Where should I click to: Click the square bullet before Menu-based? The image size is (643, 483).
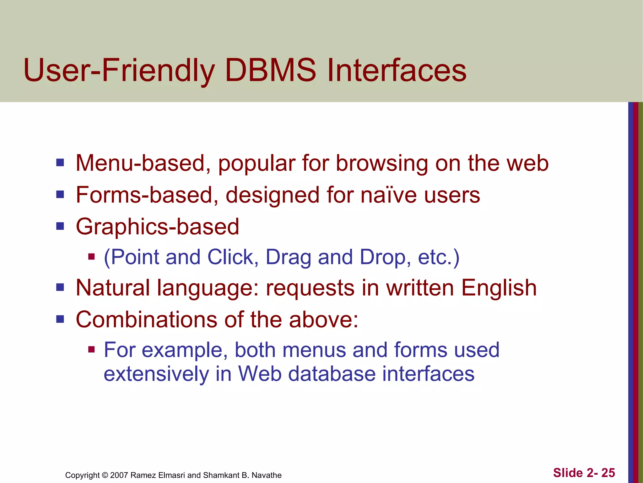tap(60, 163)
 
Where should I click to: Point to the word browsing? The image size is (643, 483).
tap(382, 164)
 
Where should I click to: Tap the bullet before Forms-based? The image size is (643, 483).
tap(60, 194)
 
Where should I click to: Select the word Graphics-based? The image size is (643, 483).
tap(158, 227)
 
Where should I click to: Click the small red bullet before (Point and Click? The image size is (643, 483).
tap(91, 257)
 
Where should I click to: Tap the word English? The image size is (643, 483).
tap(499, 288)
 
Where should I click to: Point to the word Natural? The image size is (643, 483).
tap(113, 288)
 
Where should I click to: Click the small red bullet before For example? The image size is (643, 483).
tap(91, 349)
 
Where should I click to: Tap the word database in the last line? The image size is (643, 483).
tap(332, 374)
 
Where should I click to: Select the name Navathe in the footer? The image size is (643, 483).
tap(267, 475)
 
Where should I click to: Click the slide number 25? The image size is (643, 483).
tap(608, 473)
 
